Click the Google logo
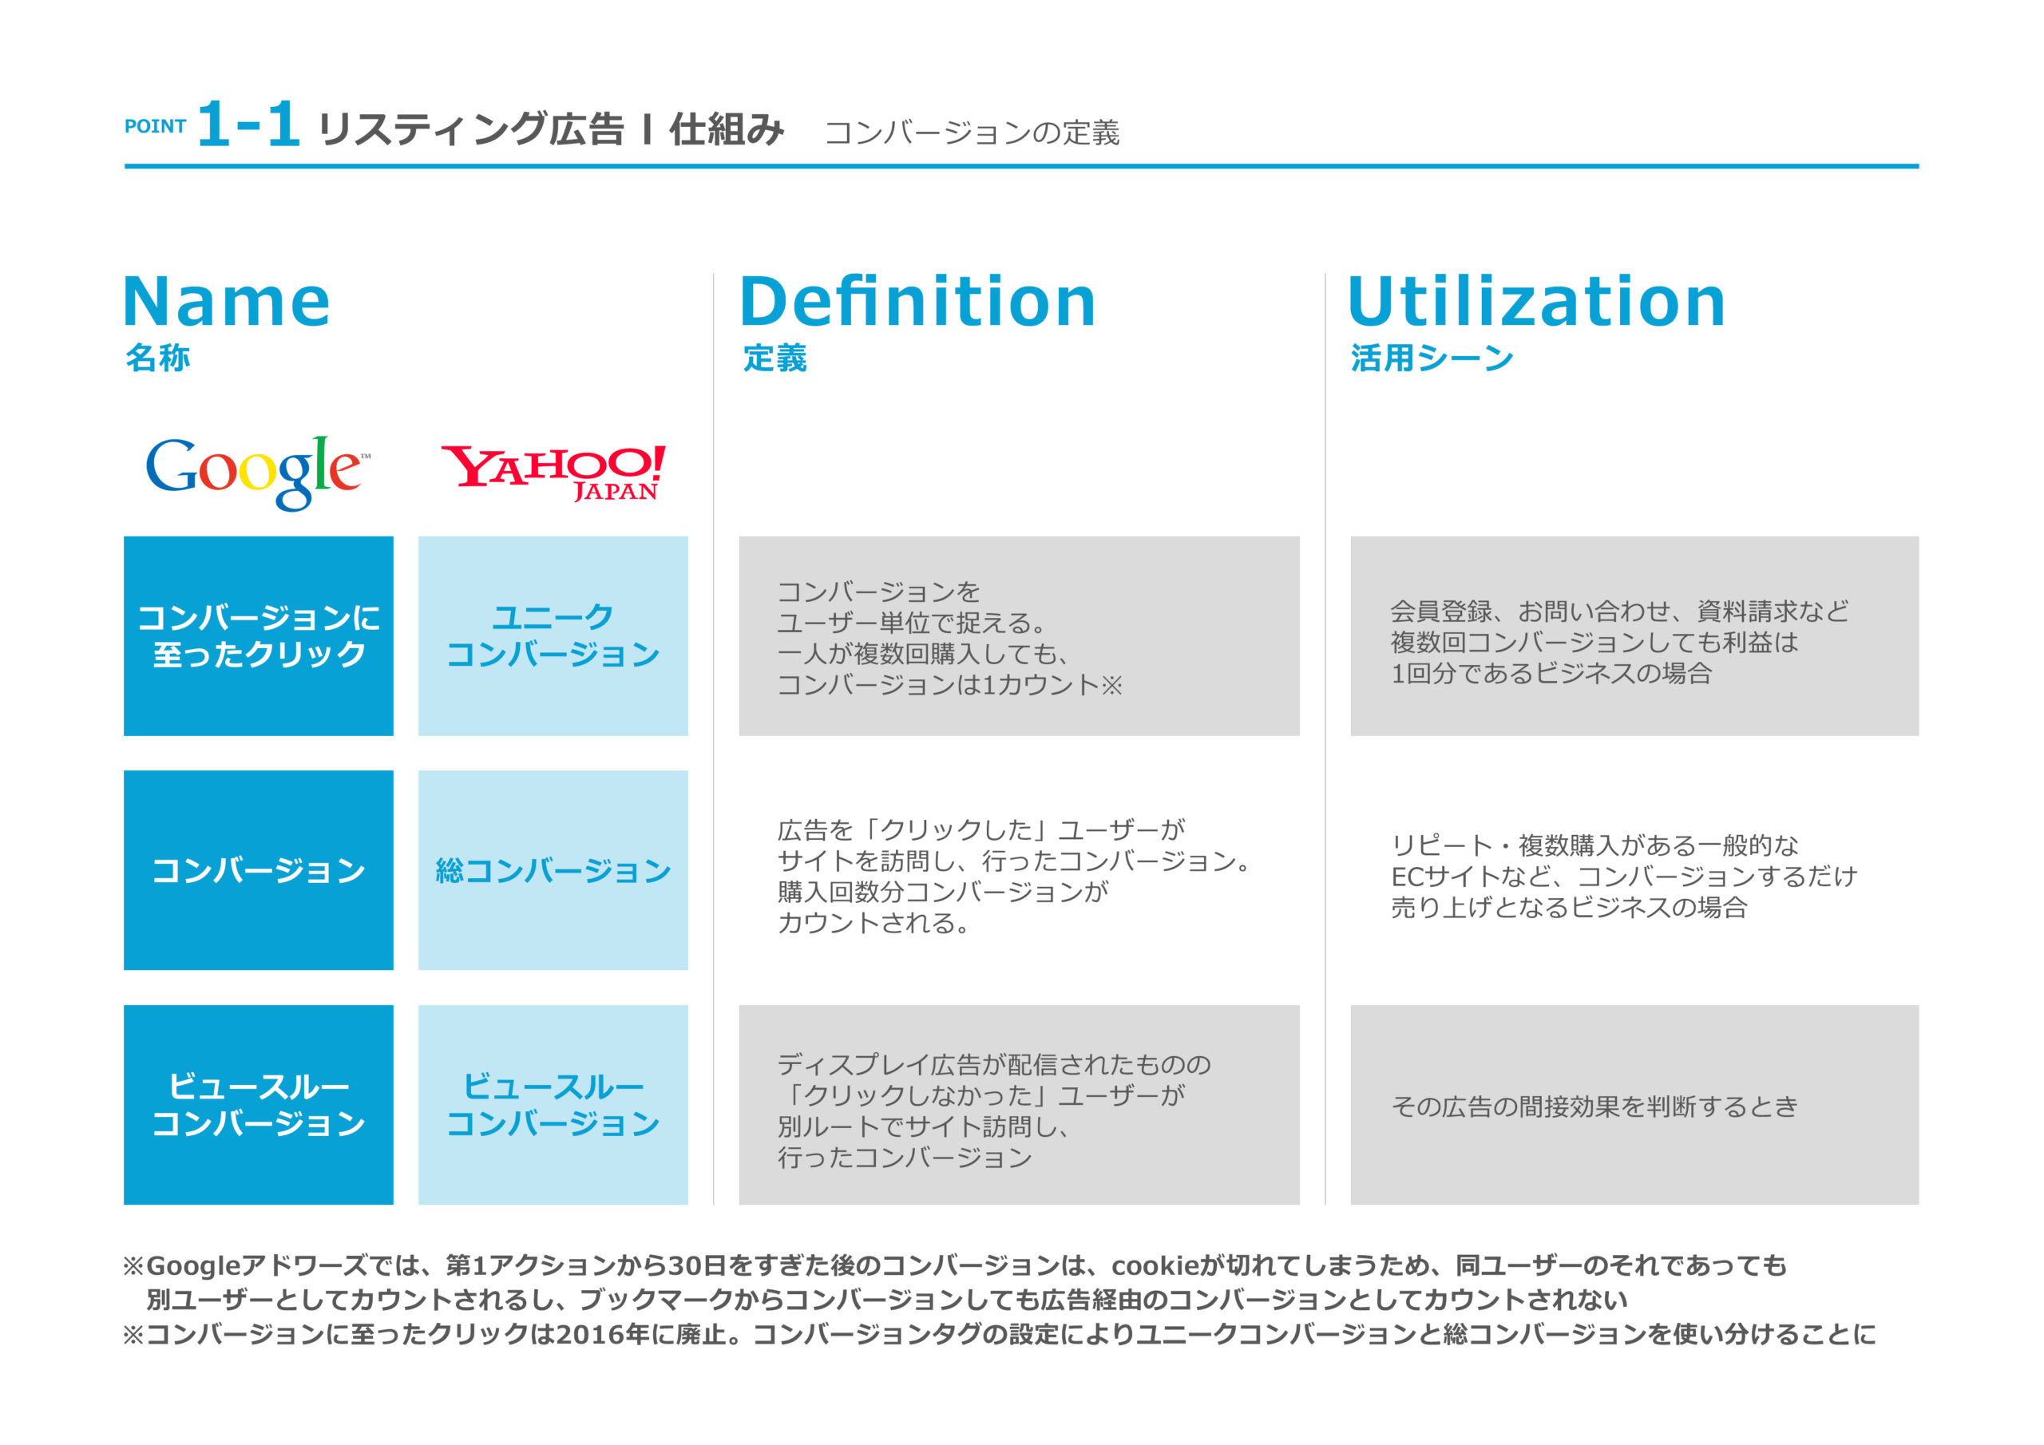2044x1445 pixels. click(257, 472)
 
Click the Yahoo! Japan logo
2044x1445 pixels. click(553, 473)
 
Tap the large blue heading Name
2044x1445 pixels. click(226, 302)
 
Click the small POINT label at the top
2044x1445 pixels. click(155, 126)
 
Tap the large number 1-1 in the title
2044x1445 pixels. click(248, 124)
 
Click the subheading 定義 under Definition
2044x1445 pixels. click(774, 358)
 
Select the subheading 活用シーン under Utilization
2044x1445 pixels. click(1432, 358)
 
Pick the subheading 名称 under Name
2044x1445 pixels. click(157, 358)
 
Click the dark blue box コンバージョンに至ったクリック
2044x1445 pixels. click(258, 635)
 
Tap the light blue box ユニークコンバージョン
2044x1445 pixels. click(553, 635)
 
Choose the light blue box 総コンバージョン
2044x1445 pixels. click(553, 870)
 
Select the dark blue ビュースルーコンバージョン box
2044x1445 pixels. click(258, 1105)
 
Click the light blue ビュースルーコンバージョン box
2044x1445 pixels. click(553, 1105)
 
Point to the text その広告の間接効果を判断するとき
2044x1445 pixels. click(1594, 1106)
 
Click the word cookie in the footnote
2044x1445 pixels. click(1155, 1265)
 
